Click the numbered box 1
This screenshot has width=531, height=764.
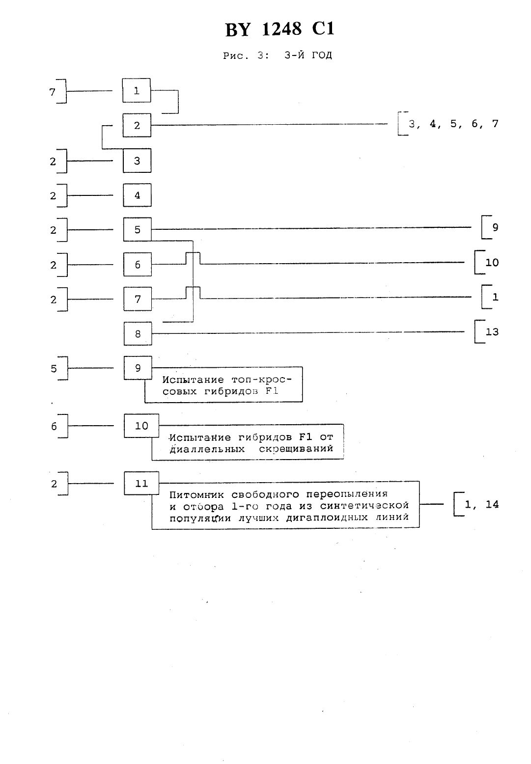137,90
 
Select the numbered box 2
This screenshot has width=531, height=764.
137,126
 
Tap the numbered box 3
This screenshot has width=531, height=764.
137,161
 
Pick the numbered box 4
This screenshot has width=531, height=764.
137,195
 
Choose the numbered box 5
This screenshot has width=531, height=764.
137,229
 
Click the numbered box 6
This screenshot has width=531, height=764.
138,264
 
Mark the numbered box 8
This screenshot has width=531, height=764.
138,333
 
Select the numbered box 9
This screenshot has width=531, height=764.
138,368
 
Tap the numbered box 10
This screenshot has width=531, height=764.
141,426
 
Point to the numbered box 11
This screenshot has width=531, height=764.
141,483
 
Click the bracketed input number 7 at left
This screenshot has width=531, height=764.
52,92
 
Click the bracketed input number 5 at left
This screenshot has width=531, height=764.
54,369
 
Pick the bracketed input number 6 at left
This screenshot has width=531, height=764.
54,426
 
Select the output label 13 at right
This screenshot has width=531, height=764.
492,332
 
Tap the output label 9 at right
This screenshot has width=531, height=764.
495,227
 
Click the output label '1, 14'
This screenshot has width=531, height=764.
481,504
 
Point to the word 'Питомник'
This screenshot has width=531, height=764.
196,495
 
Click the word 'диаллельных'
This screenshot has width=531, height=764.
207,449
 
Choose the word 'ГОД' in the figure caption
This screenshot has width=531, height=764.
322,55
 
